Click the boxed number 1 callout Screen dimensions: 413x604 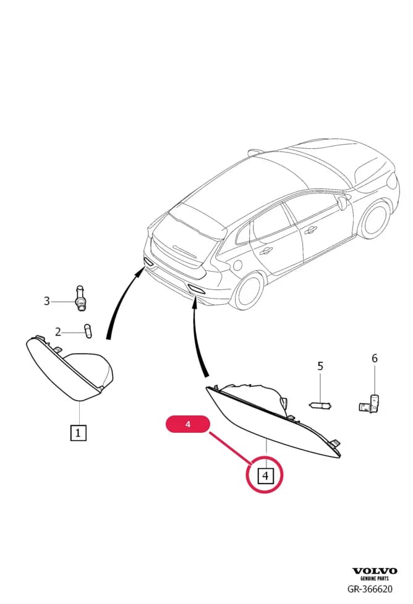pos(78,433)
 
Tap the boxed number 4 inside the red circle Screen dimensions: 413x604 pos(265,475)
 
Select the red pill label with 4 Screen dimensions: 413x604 pos(187,424)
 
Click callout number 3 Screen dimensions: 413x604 pos(46,301)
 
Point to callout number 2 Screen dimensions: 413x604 pos(57,331)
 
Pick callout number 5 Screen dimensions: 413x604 pos(320,366)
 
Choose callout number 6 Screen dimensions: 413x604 pos(375,358)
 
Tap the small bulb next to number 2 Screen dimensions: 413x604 pos(88,331)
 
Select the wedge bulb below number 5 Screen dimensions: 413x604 pos(320,405)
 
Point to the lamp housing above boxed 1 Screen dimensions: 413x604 pos(70,368)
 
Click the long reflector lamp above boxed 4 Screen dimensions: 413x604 pos(273,420)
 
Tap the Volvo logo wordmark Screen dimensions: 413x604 pos(375,571)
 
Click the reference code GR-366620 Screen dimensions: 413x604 pos(370,589)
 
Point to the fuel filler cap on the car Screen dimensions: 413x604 pos(237,265)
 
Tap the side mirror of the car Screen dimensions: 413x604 pos(341,203)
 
